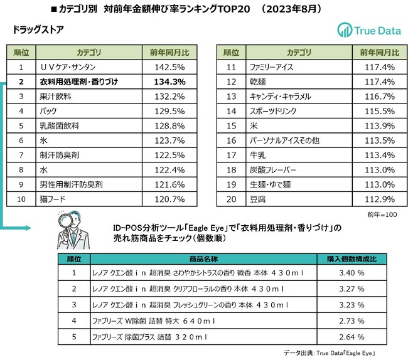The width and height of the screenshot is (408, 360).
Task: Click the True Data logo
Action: click(368, 30)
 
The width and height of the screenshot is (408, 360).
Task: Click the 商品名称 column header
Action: click(202, 258)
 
